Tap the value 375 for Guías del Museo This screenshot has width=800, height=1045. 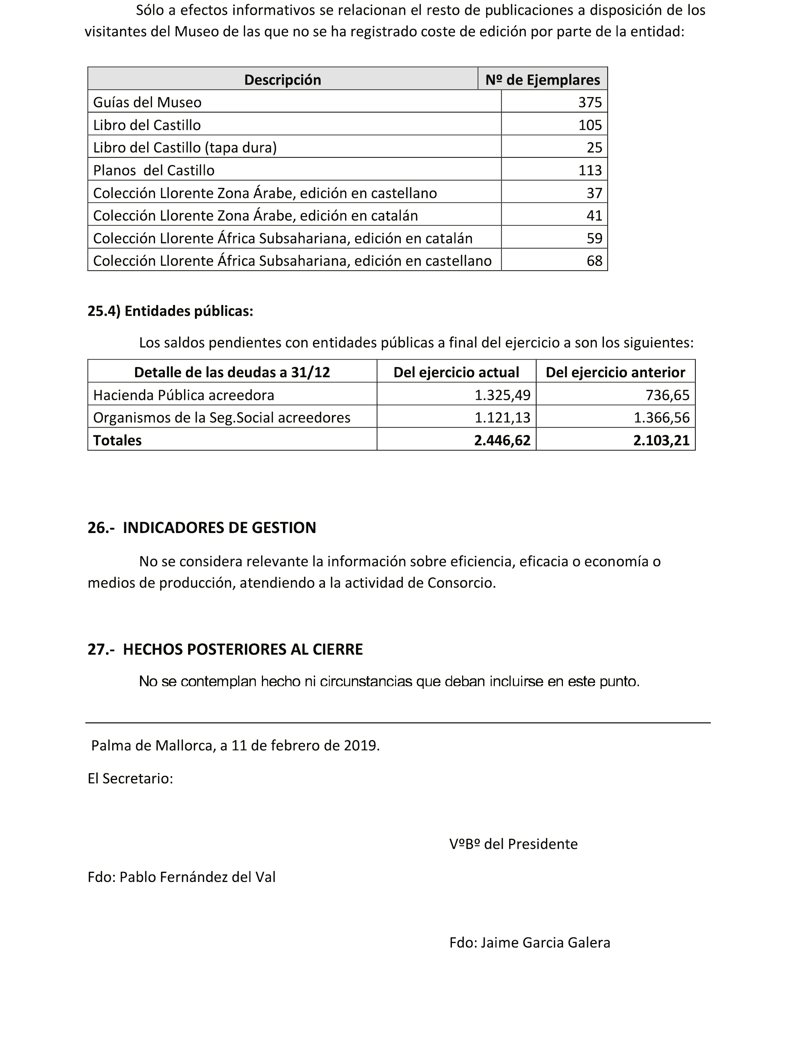590,102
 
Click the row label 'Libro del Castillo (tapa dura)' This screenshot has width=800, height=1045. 185,147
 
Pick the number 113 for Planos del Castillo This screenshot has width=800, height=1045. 590,170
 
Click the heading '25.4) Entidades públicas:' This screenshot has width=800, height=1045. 170,311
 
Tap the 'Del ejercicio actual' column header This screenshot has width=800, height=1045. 456,372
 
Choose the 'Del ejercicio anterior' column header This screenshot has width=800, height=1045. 615,372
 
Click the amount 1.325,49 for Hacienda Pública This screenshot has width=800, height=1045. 502,395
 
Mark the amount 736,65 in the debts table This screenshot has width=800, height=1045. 668,395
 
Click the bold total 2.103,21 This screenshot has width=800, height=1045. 662,440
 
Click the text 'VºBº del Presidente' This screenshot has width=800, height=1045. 513,844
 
